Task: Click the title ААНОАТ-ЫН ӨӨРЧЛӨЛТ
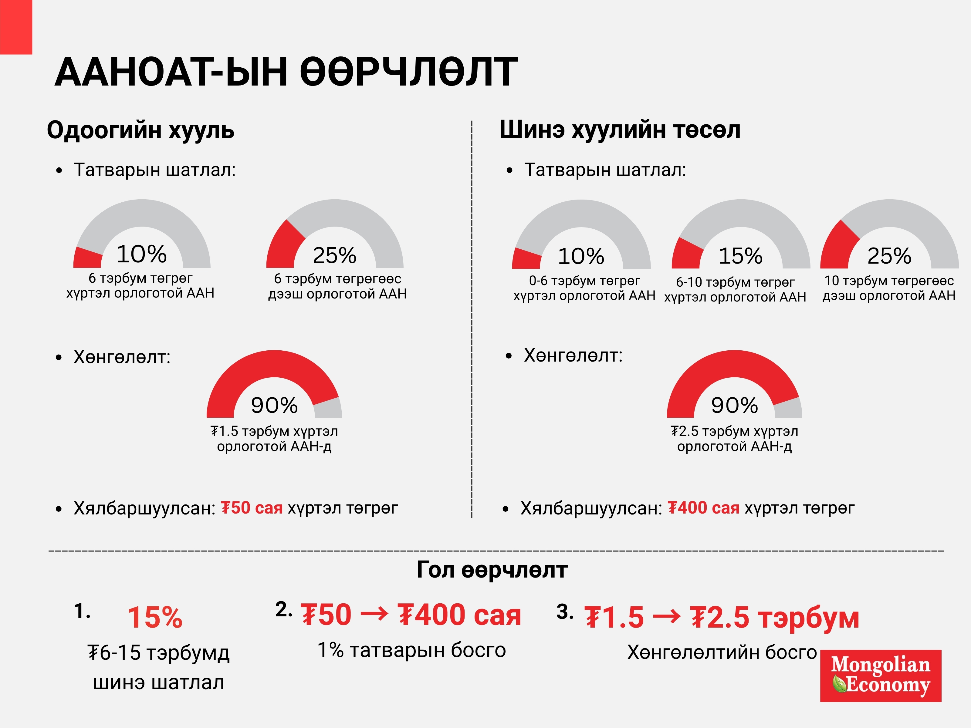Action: point(286,72)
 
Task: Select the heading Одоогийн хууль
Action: point(140,130)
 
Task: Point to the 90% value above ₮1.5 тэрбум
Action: point(274,405)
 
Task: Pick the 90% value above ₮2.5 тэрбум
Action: point(734,405)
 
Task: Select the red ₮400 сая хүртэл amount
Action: point(703,508)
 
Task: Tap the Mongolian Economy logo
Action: point(880,676)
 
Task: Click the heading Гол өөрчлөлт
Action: point(492,570)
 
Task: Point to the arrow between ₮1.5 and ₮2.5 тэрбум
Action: point(666,617)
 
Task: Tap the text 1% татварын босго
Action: point(411,650)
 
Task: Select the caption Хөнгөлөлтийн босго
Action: point(722,652)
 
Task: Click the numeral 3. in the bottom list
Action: point(564,611)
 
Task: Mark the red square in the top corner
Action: point(16,26)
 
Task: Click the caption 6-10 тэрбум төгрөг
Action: point(735,282)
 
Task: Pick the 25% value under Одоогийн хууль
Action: point(334,255)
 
